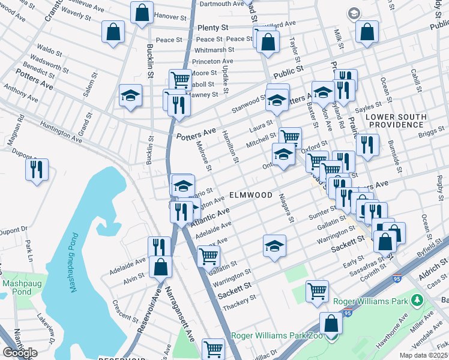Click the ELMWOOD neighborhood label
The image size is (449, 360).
click(x=251, y=196)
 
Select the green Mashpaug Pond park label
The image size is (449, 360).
click(x=17, y=287)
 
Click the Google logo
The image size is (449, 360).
click(x=19, y=353)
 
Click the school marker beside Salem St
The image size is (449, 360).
click(x=130, y=95)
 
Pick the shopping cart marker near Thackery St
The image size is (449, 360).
click(x=317, y=291)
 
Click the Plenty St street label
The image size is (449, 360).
click(x=212, y=28)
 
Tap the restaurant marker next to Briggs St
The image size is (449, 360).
click(x=367, y=145)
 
